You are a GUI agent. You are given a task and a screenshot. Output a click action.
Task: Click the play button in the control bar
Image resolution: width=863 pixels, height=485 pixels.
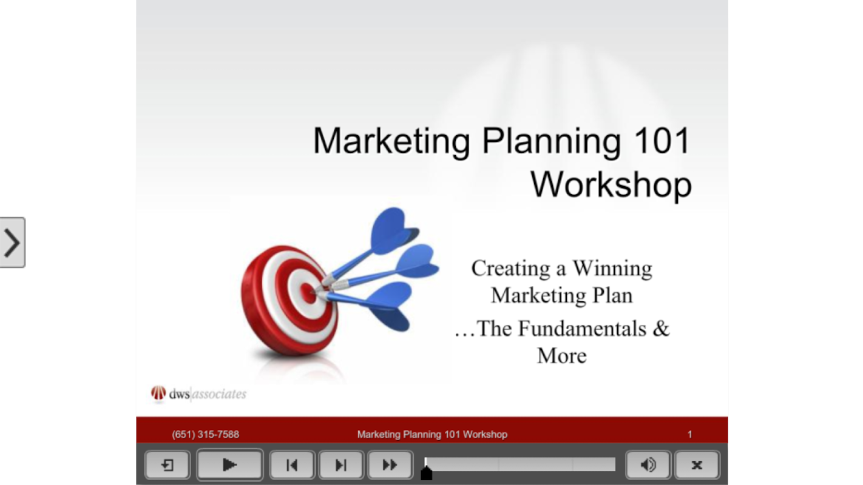tap(229, 465)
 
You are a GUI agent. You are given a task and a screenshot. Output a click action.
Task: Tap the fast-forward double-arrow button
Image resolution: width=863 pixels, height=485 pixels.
tap(390, 465)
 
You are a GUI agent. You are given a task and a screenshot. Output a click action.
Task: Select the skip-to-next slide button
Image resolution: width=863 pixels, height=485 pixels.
tap(341, 465)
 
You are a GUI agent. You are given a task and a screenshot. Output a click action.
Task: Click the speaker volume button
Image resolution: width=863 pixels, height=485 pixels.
tap(648, 465)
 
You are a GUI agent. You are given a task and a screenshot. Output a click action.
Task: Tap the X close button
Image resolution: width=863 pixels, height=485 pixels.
tap(697, 465)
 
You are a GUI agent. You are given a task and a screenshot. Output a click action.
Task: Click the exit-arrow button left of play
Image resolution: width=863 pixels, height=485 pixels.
tap(168, 465)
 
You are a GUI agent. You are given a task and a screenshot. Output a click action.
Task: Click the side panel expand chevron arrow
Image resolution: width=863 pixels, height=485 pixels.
tap(12, 242)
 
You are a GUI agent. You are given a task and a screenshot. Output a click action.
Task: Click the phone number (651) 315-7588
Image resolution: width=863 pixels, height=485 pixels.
tap(205, 435)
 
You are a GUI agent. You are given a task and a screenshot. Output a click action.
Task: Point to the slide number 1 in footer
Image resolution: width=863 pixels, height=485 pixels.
tap(689, 435)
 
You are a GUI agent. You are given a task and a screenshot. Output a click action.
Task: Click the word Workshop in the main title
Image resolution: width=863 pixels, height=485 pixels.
tap(611, 185)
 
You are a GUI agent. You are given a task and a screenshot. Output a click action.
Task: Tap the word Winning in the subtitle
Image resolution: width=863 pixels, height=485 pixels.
tap(612, 269)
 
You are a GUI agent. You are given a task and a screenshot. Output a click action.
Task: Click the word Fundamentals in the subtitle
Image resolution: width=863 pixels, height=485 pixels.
tap(582, 329)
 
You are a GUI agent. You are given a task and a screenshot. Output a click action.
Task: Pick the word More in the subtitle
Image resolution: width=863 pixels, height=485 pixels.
tap(562, 356)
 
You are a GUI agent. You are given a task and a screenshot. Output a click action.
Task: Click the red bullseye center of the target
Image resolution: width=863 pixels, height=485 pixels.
tap(308, 293)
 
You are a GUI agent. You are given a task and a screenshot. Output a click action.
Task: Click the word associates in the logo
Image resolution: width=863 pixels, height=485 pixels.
tap(219, 394)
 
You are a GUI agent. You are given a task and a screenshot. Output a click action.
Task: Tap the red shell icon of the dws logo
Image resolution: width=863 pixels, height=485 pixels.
tap(158, 393)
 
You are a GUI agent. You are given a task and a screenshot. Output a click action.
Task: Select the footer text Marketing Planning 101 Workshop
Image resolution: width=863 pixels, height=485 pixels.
tap(432, 435)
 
